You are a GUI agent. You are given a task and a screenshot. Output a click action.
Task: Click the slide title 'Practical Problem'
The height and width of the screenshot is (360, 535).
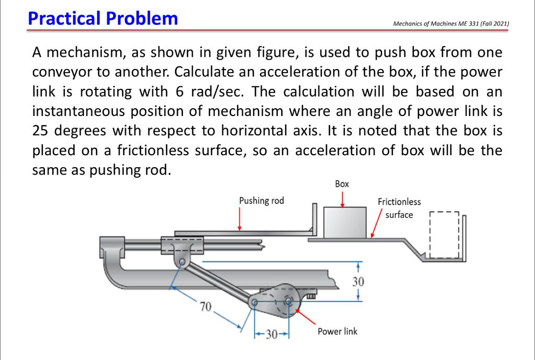[x=103, y=18]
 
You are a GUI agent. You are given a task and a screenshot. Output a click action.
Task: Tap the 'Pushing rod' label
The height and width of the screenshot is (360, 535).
[x=261, y=201]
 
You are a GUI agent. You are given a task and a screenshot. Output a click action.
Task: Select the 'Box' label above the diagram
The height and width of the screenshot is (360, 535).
[x=342, y=184]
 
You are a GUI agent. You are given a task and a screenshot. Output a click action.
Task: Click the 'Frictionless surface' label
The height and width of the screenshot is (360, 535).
[x=399, y=208]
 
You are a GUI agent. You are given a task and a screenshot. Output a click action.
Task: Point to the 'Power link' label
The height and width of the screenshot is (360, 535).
[x=337, y=331]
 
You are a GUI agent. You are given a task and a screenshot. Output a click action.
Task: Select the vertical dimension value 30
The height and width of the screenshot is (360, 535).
[x=357, y=282]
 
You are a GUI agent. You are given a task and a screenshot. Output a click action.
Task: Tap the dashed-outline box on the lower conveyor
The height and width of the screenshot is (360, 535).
[x=443, y=236]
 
